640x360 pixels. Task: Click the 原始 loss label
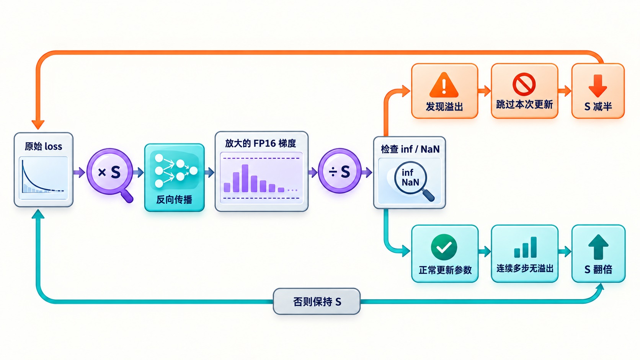tap(43, 147)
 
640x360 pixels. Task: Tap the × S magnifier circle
tap(110, 171)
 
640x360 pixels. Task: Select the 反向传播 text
tap(174, 200)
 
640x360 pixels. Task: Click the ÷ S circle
tap(340, 171)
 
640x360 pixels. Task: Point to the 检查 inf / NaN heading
tap(410, 149)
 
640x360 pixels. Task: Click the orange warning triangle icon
tap(444, 85)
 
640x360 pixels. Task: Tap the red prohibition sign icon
tap(524, 84)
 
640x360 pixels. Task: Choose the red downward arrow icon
tap(598, 86)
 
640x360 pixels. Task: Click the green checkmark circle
tap(444, 247)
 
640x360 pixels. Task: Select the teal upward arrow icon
tap(598, 247)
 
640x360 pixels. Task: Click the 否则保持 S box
tap(317, 301)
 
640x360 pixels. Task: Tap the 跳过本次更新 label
tap(524, 105)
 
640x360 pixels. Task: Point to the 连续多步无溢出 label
tap(525, 269)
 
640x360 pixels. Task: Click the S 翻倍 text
tap(598, 269)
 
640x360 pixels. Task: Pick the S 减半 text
tap(598, 106)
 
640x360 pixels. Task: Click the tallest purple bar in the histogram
tap(245, 178)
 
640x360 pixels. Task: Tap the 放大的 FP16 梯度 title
tap(260, 143)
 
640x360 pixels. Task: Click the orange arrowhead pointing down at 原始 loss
tap(38, 125)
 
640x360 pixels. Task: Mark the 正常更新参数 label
tap(445, 270)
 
